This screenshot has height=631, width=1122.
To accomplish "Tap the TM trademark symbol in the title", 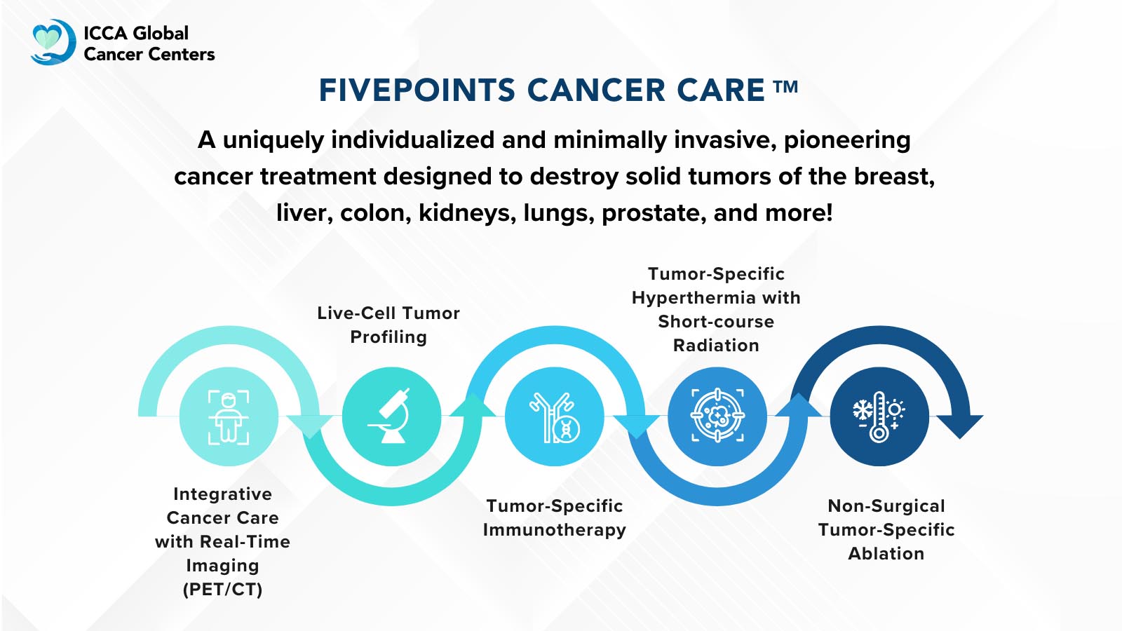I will pos(785,87).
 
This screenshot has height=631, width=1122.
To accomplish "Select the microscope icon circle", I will pos(391,416).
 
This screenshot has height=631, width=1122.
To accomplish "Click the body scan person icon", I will pos(229,417).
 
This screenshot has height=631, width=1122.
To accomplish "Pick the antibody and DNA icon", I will pos(554,416).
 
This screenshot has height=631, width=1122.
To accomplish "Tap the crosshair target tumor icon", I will pos(717,416).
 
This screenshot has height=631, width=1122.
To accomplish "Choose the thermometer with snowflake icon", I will pos(879,416).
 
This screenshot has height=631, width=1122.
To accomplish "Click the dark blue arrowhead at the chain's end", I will pos(960,425).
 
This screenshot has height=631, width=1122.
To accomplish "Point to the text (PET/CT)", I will pos(222,589).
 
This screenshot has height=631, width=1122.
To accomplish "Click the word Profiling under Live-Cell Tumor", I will pos(388,337).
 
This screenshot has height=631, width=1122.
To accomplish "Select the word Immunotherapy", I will pos(554,530).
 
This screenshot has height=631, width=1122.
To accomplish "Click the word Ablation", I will pos(886,554).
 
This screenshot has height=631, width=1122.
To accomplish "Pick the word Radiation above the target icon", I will pos(716,346).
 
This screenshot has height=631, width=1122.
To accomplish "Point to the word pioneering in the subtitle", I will pos(847,140).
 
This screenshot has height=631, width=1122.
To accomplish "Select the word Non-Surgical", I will pos(886,506).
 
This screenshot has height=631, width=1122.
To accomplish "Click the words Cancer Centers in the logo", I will pos(149,55).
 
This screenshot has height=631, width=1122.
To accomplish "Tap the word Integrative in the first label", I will pos(222,494).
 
